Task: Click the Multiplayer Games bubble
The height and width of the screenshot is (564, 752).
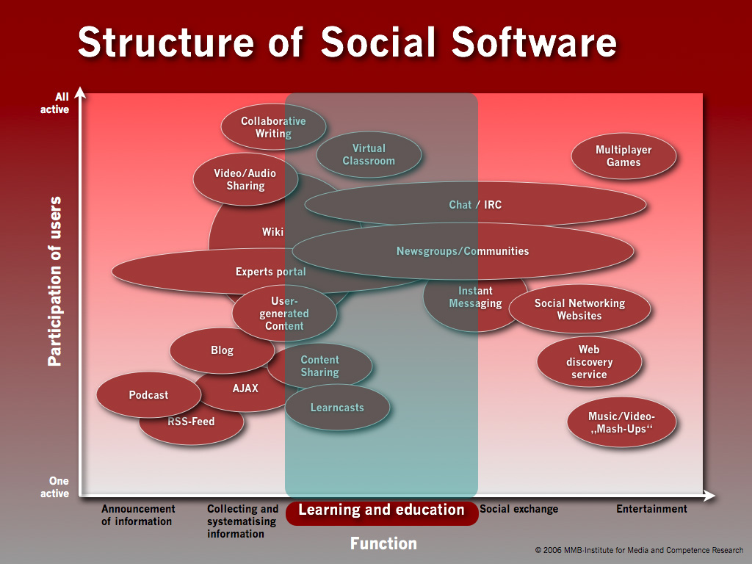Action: tap(623, 156)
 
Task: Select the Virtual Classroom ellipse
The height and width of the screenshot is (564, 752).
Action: tap(369, 155)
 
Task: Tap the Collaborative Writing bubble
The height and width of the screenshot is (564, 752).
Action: tap(273, 127)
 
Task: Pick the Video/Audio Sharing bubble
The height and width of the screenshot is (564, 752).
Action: tap(245, 180)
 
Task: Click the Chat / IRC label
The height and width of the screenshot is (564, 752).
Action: tap(475, 205)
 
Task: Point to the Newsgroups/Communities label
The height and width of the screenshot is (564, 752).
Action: tap(463, 251)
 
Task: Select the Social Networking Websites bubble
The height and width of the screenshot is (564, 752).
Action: tap(579, 309)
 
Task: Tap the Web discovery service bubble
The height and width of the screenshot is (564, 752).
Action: tap(589, 362)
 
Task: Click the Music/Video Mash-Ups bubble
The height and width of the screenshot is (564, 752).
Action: tap(621, 423)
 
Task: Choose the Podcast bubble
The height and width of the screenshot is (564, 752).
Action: tap(148, 395)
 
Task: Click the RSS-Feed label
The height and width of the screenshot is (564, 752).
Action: tap(191, 422)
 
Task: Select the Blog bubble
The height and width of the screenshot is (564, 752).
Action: tap(222, 350)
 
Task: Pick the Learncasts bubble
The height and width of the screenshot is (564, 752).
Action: tap(337, 408)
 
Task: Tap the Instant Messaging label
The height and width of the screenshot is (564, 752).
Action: tap(475, 297)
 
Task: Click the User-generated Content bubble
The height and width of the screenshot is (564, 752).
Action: tap(284, 314)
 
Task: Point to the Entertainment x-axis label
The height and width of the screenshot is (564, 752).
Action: tap(651, 509)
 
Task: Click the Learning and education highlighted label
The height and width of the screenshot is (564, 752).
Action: tap(381, 510)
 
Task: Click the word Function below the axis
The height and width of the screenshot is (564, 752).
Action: tap(383, 543)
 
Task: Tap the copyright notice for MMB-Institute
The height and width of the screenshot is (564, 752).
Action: tap(639, 550)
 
